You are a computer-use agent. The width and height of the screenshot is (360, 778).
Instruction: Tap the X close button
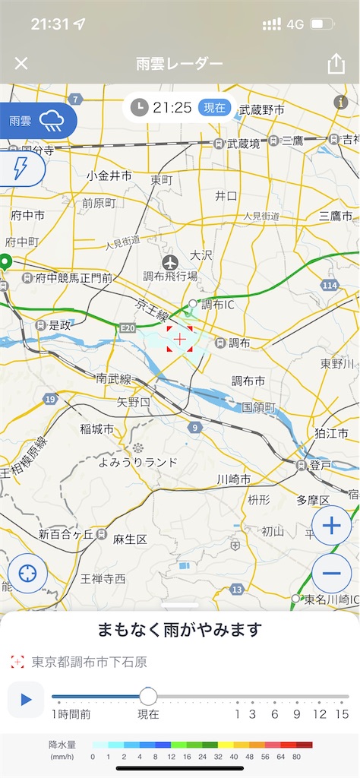tap(21, 63)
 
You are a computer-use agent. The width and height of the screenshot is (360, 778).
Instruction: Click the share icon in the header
tap(336, 64)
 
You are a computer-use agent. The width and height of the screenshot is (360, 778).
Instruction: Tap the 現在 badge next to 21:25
tap(215, 108)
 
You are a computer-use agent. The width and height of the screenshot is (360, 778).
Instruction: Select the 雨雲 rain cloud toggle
tap(38, 120)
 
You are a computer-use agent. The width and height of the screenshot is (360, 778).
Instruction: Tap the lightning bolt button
tap(21, 169)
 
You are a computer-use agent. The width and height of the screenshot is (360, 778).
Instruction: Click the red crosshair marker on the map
tap(180, 339)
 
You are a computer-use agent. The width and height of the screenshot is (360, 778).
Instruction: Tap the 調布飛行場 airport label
tap(171, 276)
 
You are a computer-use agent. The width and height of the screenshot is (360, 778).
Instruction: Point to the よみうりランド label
tap(138, 461)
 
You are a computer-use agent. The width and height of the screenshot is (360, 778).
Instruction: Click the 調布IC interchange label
tap(219, 305)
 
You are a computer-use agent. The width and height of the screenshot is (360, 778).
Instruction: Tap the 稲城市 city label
tap(96, 429)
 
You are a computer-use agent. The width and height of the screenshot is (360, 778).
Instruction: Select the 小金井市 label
tap(109, 176)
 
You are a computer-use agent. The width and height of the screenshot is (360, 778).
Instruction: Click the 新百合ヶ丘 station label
tap(67, 533)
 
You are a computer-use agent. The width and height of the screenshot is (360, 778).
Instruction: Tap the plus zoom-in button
tap(331, 524)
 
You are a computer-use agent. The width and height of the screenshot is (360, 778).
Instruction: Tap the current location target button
tap(28, 573)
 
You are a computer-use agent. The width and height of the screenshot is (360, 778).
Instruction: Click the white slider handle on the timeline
tap(148, 696)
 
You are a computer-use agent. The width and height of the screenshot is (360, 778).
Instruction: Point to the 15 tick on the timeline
tap(342, 713)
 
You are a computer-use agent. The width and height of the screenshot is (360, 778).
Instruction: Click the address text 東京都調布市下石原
tap(90, 662)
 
